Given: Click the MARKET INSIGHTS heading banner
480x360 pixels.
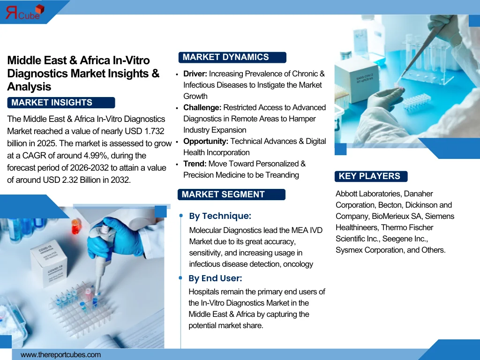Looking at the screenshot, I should point(61,103).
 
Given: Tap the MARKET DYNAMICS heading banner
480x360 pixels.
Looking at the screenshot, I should point(232,57).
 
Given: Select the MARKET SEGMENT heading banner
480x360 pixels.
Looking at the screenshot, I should point(232,195).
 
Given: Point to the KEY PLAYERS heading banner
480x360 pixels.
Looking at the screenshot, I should point(370,176).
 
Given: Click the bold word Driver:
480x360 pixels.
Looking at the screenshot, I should point(195,74).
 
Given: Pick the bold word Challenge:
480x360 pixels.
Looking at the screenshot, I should point(202,107).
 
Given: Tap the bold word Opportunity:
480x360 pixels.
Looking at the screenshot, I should point(205,141).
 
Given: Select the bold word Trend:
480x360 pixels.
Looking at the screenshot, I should point(195,164).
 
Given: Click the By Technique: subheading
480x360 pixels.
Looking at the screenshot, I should point(220,216).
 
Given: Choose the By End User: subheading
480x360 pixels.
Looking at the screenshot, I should point(215,278).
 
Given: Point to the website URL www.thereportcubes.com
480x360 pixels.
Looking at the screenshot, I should point(60,355).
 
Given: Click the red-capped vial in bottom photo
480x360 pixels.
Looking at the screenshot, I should point(75,227).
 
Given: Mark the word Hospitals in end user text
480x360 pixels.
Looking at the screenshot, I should point(204,292).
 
